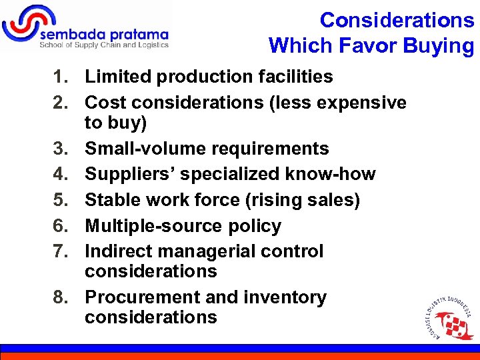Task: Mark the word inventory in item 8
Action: click(x=285, y=297)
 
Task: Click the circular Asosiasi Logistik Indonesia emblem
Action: click(x=447, y=317)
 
